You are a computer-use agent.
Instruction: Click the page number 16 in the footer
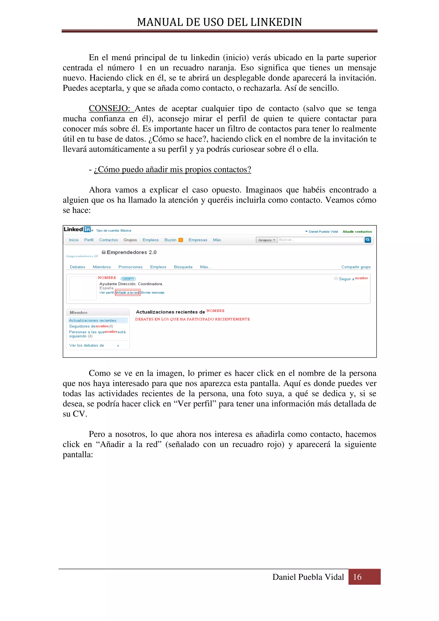coord(357,577)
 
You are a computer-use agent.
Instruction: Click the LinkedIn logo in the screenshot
coord(77,229)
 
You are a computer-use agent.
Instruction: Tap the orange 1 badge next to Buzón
coord(181,240)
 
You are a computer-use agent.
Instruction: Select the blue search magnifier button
coord(368,240)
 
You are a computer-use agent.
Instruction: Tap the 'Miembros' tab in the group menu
coord(102,267)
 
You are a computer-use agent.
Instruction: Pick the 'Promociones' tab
coord(130,267)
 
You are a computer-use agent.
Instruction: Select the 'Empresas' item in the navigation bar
coord(198,240)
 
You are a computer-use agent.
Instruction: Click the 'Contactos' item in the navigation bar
coord(108,240)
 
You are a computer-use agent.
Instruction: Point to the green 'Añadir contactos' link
coord(357,231)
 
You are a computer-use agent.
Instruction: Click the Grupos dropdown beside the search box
coord(267,240)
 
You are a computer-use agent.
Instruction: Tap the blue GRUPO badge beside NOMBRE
coord(128,279)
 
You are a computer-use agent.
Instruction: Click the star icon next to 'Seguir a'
coord(336,278)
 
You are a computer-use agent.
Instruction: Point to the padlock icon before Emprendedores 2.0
coord(104,252)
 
